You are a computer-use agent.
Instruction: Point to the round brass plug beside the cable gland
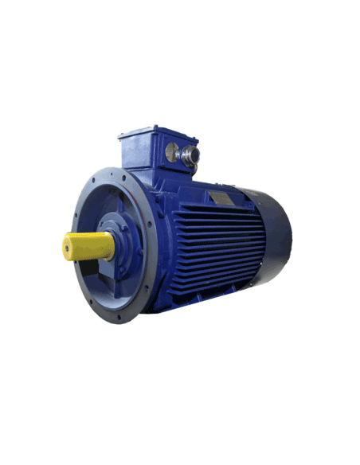(x=170, y=149)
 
